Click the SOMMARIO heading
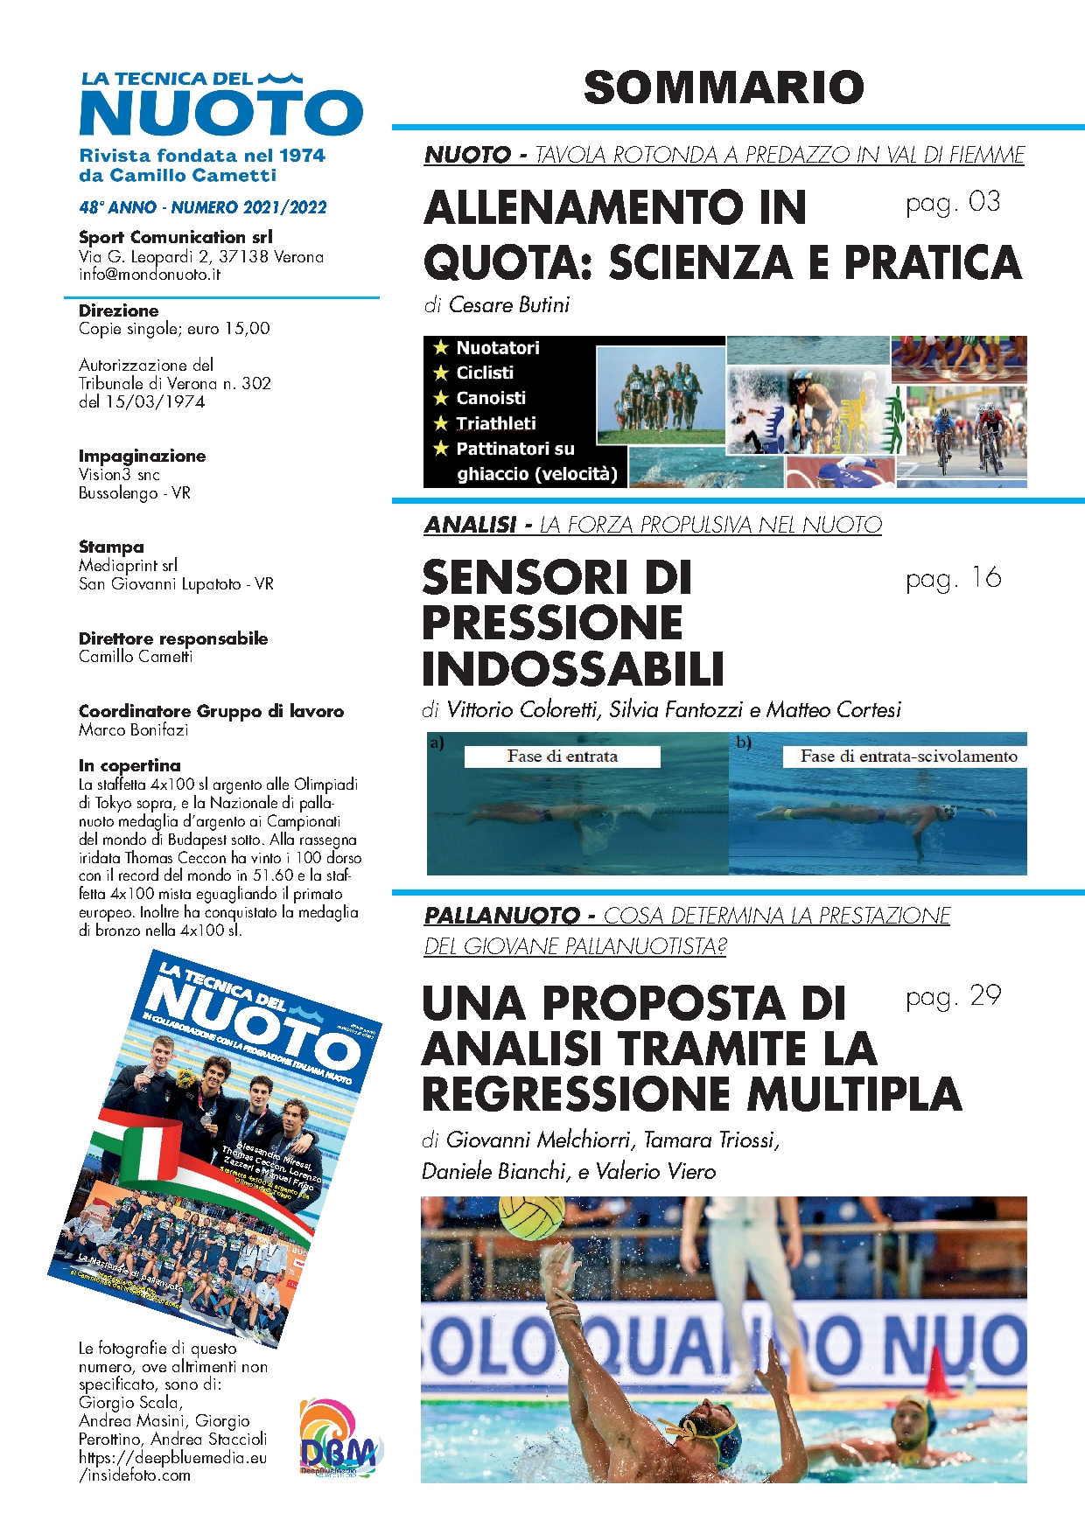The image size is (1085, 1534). click(x=724, y=87)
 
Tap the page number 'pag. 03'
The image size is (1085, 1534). click(x=953, y=203)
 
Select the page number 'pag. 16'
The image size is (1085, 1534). click(x=953, y=579)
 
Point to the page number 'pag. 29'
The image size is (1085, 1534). click(x=953, y=997)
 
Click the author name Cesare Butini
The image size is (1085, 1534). click(x=508, y=305)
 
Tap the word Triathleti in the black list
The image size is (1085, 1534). click(x=495, y=423)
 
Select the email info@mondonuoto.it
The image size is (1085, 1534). click(x=150, y=275)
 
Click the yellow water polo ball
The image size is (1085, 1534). click(x=532, y=1217)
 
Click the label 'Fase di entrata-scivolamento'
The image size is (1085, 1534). click(x=908, y=757)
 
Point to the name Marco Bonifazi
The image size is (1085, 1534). click(x=133, y=729)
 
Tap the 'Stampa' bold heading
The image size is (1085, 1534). click(x=111, y=547)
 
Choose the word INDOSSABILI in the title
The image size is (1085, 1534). click(x=573, y=669)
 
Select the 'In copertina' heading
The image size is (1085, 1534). click(x=129, y=765)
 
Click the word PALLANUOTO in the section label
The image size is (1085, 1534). click(x=501, y=916)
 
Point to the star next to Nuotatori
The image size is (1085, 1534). click(x=441, y=348)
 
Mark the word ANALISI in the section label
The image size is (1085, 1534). click(x=470, y=525)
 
